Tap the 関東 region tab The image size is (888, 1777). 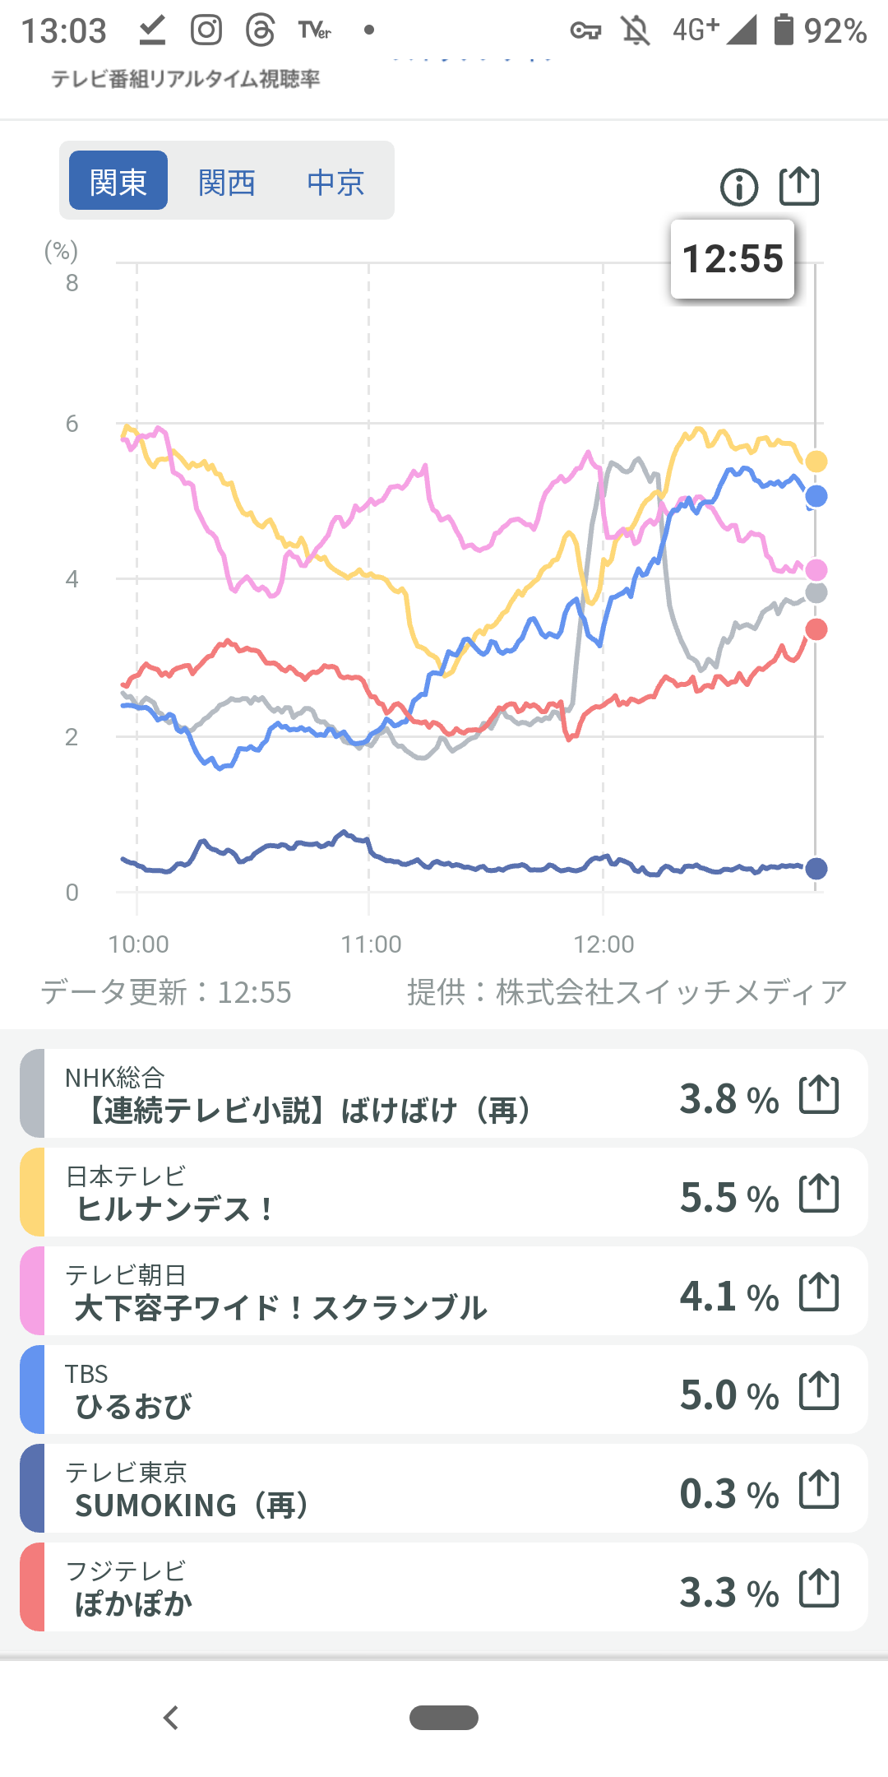118,181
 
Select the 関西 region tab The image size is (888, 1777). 227,181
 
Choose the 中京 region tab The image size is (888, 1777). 335,181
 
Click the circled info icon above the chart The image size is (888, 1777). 738,188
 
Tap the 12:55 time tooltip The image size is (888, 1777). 733,259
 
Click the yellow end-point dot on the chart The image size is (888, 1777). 816,462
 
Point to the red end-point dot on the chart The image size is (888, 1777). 816,629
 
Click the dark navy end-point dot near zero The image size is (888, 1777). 816,868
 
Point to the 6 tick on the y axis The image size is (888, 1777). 72,424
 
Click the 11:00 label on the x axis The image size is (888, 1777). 371,944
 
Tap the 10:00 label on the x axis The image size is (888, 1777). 138,944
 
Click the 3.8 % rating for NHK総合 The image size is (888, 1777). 728,1099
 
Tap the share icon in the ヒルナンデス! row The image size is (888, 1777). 819,1193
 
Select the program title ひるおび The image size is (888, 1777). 133,1407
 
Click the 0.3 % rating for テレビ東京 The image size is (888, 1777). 728,1494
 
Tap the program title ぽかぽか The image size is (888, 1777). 133,1604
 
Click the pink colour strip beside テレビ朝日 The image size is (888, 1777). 32,1291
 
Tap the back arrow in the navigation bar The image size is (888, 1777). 171,1718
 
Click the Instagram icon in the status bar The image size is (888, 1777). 206,30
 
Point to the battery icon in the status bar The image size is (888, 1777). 784,30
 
